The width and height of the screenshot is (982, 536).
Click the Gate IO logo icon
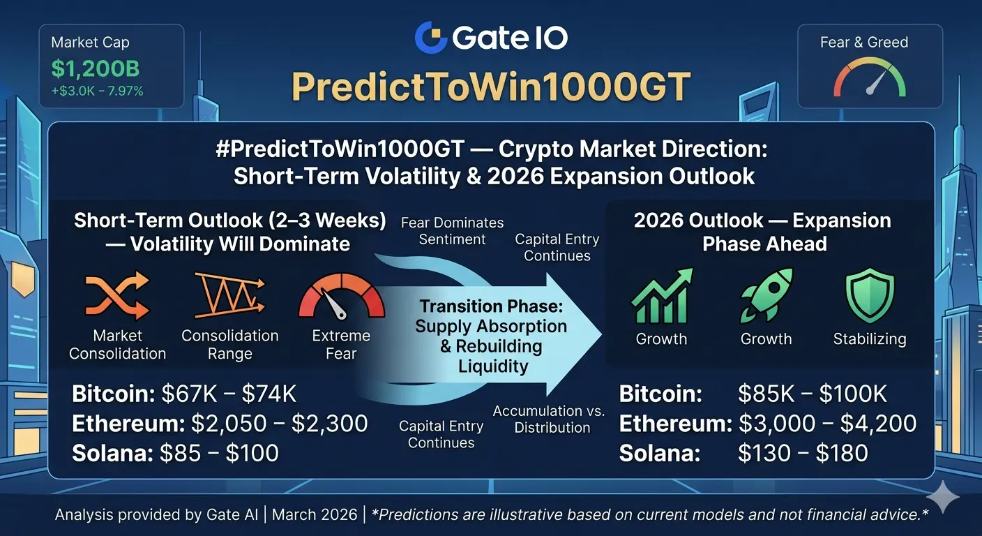point(431,37)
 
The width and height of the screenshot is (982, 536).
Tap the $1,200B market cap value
point(96,68)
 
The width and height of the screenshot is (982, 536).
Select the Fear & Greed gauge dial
point(870,77)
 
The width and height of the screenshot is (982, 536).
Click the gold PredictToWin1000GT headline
point(491,87)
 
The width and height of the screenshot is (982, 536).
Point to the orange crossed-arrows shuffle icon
point(117,295)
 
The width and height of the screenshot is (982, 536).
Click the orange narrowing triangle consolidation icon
point(229,295)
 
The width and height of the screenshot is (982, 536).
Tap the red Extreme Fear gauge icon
point(342,296)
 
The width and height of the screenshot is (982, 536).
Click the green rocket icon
point(766,295)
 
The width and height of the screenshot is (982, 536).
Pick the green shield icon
point(870,296)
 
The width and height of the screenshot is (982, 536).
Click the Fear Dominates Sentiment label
point(453,231)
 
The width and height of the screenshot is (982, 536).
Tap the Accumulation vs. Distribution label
point(549,419)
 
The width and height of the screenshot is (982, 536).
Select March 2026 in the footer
point(315,514)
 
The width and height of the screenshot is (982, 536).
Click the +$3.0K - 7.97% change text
point(98,91)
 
